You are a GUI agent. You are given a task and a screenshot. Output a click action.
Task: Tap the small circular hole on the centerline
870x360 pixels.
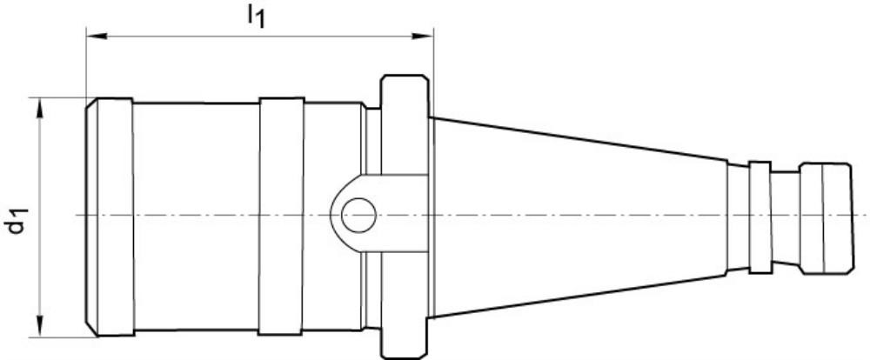tap(358, 215)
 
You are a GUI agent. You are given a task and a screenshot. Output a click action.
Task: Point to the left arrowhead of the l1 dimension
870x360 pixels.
tap(93, 37)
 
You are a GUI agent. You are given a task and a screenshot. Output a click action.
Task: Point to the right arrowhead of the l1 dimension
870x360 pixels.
tap(426, 37)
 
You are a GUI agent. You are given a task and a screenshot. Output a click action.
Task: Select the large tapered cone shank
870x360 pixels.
tap(574, 215)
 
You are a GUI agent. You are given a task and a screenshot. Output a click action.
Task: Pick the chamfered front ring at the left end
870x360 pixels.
tap(111, 215)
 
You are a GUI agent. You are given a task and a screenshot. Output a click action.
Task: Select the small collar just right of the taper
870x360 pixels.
tap(760, 215)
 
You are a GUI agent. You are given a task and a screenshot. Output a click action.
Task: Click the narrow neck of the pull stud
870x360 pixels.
tap(786, 215)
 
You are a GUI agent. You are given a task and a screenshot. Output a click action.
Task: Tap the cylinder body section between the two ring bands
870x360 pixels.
tap(196, 215)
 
